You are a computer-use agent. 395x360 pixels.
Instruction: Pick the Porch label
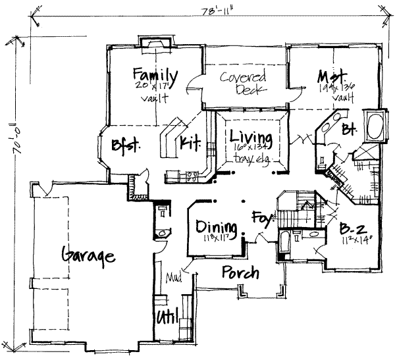pos(240,272)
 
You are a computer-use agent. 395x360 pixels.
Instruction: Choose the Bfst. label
pos(125,145)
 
